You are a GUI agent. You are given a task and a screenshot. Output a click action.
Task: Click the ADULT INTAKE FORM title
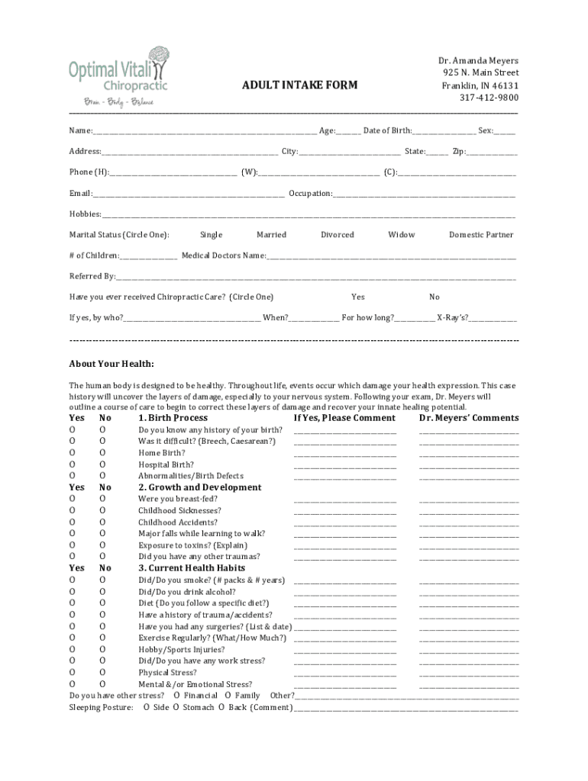click(x=299, y=85)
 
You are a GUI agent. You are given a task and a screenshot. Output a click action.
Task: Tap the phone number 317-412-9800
click(x=488, y=98)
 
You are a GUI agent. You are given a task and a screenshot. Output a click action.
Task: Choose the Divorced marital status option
click(x=337, y=235)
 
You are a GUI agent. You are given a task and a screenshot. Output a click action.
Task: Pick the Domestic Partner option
click(x=481, y=235)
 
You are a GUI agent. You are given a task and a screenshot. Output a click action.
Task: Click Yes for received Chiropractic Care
click(x=357, y=297)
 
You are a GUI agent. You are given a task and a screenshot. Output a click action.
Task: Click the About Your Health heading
click(x=111, y=364)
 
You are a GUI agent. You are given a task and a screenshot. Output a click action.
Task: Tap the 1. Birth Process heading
click(x=173, y=418)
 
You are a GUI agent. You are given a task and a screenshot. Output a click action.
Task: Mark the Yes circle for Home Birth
click(x=73, y=453)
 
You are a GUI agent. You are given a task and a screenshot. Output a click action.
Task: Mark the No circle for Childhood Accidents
click(x=102, y=522)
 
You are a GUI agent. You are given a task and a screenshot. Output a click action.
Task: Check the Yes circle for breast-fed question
click(x=73, y=500)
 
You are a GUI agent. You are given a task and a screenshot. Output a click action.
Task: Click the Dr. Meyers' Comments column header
click(x=468, y=418)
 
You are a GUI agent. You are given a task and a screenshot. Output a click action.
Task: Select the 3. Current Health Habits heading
click(x=192, y=568)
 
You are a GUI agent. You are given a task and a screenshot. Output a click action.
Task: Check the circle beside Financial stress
click(x=176, y=696)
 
